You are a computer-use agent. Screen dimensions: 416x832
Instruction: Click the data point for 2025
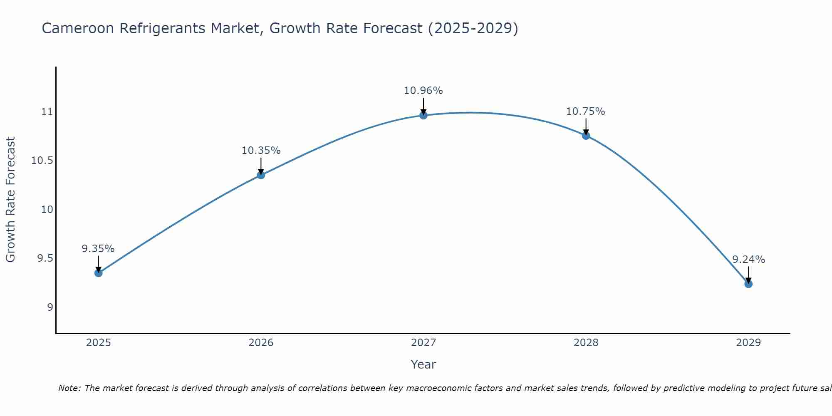pyautogui.click(x=98, y=273)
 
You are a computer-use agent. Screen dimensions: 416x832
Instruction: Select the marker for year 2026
pyautogui.click(x=261, y=175)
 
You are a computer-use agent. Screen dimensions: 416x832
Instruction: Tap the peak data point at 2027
pyautogui.click(x=423, y=115)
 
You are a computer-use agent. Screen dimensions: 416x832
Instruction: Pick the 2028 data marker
pyautogui.click(x=586, y=136)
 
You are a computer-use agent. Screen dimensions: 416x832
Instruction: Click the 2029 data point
pyautogui.click(x=748, y=284)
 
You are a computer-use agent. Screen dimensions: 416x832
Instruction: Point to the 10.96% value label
pyautogui.click(x=423, y=91)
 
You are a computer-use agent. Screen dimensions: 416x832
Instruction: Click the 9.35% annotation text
pyautogui.click(x=98, y=249)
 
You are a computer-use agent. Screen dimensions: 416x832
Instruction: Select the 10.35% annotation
pyautogui.click(x=261, y=151)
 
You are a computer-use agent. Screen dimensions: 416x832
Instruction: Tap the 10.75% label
pyautogui.click(x=585, y=111)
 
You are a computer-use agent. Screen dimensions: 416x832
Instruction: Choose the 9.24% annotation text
pyautogui.click(x=748, y=260)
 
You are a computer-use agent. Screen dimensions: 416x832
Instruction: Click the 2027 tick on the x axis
pyautogui.click(x=423, y=343)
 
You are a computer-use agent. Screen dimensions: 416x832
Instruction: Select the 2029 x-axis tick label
pyautogui.click(x=748, y=343)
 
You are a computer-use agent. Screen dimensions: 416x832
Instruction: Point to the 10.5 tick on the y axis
pyautogui.click(x=42, y=161)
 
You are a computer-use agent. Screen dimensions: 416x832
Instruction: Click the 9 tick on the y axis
pyautogui.click(x=50, y=307)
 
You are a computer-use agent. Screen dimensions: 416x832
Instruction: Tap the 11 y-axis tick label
pyautogui.click(x=47, y=112)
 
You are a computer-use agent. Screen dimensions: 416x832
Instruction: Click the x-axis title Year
pyautogui.click(x=423, y=364)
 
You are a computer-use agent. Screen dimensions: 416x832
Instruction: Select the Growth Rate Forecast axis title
pyautogui.click(x=10, y=200)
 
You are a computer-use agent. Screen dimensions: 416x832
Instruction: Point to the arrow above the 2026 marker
pyautogui.click(x=261, y=166)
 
